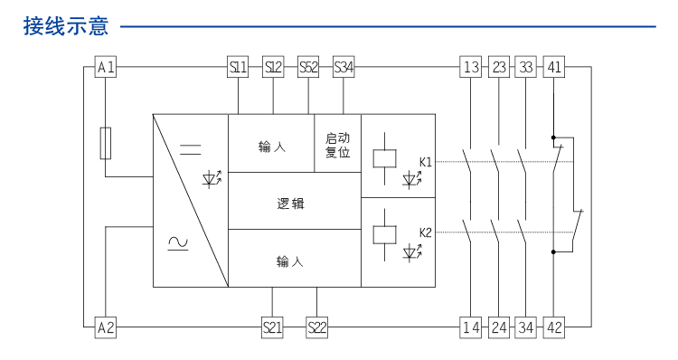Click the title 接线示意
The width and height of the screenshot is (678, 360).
pos(66,26)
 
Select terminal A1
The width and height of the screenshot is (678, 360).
pos(106,67)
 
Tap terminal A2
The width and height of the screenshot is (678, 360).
pos(106,327)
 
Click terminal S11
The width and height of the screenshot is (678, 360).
pos(237,67)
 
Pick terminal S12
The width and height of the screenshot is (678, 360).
pos(273,67)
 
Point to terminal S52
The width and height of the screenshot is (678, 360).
pos(308,67)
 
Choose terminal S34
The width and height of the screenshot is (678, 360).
pos(344,67)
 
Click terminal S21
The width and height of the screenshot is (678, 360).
pos(272,327)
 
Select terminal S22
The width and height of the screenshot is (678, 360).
pos(316,327)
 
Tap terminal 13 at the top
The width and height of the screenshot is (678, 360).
pos(471,67)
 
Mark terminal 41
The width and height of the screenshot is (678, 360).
pos(554,67)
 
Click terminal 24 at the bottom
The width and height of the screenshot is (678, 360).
pos(499,327)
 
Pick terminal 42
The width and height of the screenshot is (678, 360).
pos(554,327)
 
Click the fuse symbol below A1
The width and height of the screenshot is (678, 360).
pos(106,142)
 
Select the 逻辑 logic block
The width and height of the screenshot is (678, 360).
pos(290,204)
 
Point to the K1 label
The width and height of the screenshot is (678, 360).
pos(425,162)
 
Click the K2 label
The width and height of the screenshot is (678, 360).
pos(425,232)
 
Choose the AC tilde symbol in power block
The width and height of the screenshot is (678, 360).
pos(178,242)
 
